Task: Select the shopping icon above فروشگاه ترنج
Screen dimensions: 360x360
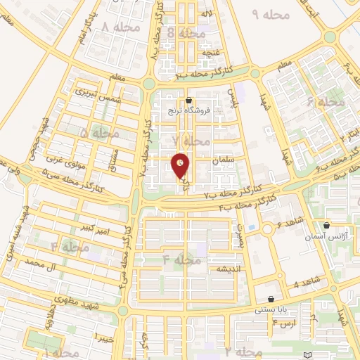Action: click(x=188, y=101)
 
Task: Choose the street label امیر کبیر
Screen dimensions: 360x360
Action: click(x=94, y=229)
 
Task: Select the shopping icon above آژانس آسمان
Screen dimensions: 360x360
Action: click(x=327, y=226)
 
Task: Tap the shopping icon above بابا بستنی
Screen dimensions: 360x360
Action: click(x=271, y=299)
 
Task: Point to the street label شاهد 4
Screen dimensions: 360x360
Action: click(x=306, y=283)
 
